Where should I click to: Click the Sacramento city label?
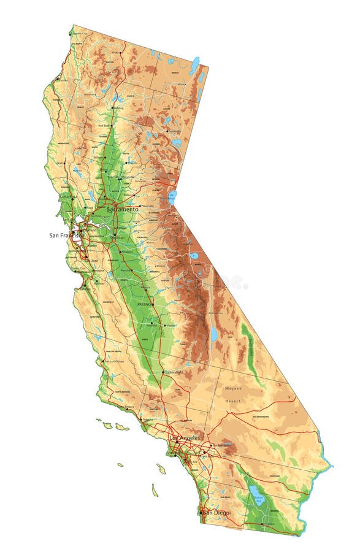pyautogui.click(x=123, y=209)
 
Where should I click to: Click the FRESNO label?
pyautogui.click(x=144, y=304)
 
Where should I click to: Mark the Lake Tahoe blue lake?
pyautogui.click(x=172, y=197)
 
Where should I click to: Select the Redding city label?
pyautogui.click(x=118, y=108)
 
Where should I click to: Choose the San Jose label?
pyautogui.click(x=91, y=260)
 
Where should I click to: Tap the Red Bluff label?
pyautogui.click(x=105, y=125)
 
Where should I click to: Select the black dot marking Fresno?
pyautogui.click(x=153, y=304)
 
